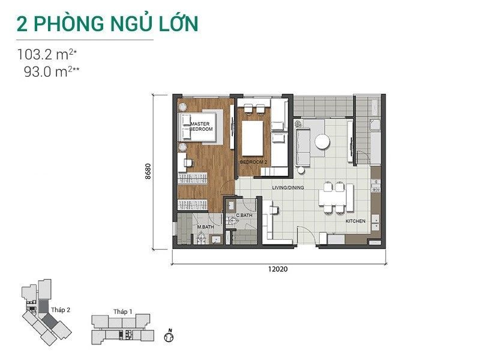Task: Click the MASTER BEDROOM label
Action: (x=201, y=127)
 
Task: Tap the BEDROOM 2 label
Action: (x=251, y=162)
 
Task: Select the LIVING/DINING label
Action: (x=288, y=188)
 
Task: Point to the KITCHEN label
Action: (x=355, y=221)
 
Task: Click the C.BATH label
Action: (x=244, y=215)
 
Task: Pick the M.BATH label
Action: (x=205, y=227)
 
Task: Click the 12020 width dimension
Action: (x=278, y=269)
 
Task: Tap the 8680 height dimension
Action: (x=148, y=172)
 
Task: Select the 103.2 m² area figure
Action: (x=47, y=55)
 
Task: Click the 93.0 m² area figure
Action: (x=52, y=71)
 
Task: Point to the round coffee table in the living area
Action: (x=322, y=142)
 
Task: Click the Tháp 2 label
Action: (x=61, y=310)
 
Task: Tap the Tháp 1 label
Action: (x=123, y=311)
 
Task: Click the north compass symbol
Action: (x=169, y=336)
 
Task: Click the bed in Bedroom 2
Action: (x=252, y=139)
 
